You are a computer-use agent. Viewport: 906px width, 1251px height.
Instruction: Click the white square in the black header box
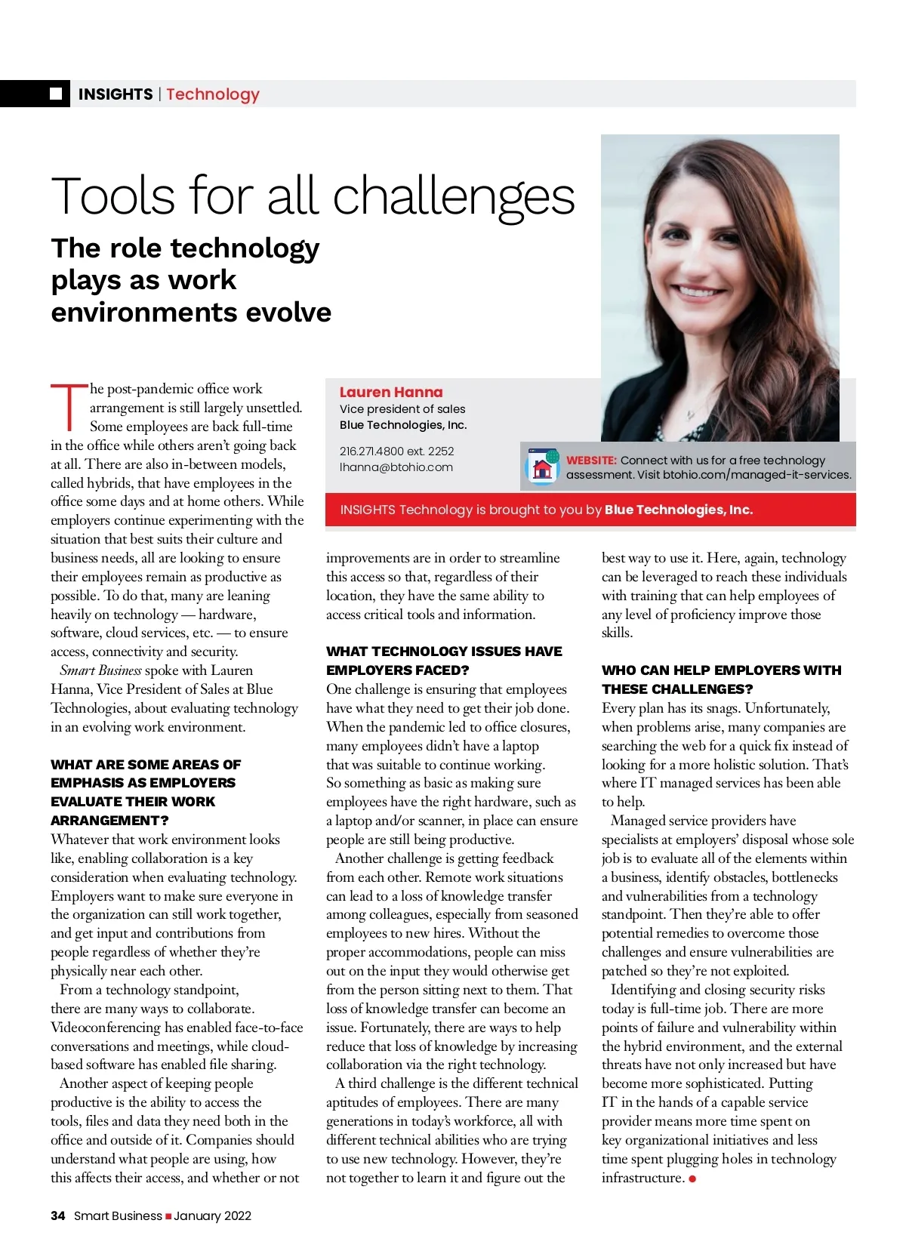click(56, 94)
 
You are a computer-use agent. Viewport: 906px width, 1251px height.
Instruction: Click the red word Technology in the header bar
click(213, 94)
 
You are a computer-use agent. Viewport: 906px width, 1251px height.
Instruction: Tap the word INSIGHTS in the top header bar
click(116, 94)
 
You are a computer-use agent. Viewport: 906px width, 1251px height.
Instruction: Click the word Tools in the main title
click(113, 196)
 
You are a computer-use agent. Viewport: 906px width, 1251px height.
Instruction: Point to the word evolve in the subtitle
click(290, 312)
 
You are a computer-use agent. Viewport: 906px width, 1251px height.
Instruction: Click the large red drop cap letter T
click(69, 408)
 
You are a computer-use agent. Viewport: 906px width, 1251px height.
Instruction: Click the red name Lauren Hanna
click(391, 392)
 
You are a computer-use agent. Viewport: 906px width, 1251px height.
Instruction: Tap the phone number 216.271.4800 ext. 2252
click(397, 451)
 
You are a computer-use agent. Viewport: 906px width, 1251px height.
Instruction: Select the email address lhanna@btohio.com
click(396, 467)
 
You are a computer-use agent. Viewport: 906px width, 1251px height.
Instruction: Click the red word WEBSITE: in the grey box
click(591, 460)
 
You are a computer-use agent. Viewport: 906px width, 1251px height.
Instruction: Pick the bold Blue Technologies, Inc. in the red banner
click(679, 510)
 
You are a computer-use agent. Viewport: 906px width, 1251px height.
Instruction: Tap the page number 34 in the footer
click(58, 1216)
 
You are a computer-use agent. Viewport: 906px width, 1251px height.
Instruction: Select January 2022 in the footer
click(213, 1216)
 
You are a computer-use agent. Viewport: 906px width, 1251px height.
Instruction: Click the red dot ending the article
click(692, 1179)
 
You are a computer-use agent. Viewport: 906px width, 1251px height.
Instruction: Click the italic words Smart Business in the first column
click(100, 670)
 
